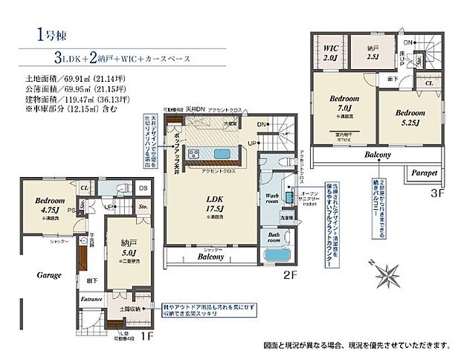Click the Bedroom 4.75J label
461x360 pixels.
tap(49, 205)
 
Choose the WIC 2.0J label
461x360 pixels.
tap(330, 52)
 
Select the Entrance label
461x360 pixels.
tap(91, 299)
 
